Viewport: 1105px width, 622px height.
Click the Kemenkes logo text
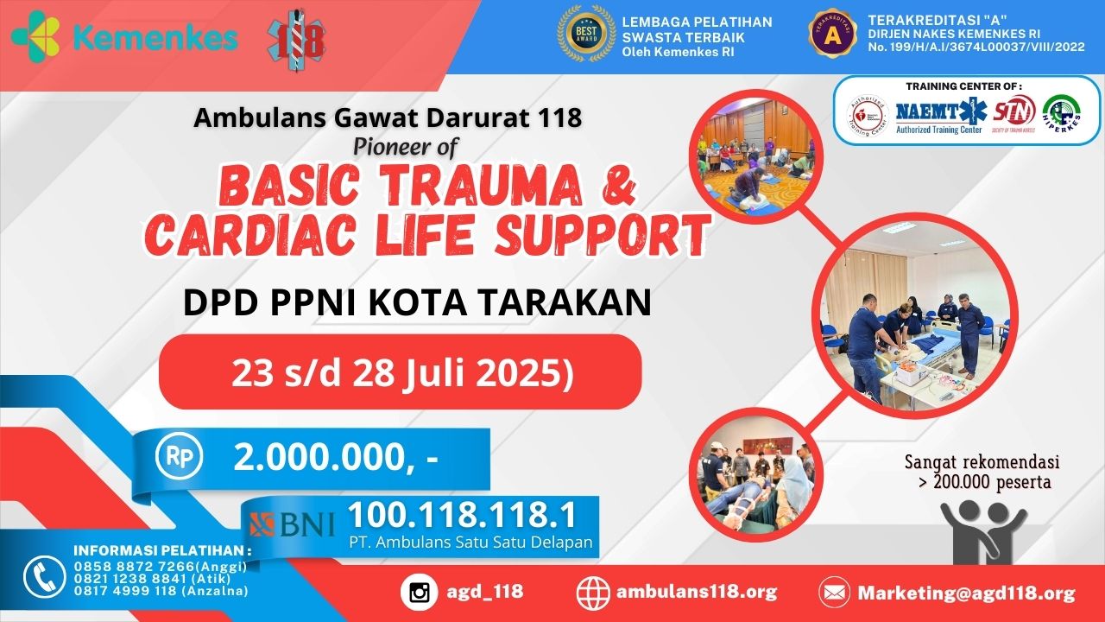click(155, 37)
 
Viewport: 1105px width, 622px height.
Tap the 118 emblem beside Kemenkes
click(296, 40)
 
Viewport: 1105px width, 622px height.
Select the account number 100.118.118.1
click(462, 516)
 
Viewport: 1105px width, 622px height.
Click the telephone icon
click(43, 576)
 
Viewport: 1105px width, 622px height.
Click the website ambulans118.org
click(697, 593)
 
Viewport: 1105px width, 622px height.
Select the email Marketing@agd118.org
click(966, 593)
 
